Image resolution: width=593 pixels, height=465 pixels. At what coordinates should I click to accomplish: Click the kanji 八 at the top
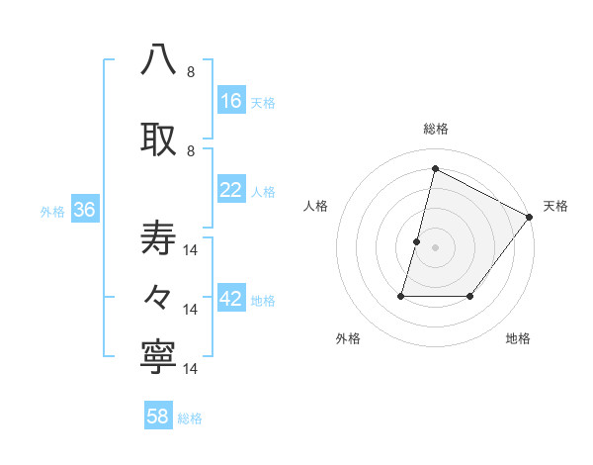[x=158, y=60]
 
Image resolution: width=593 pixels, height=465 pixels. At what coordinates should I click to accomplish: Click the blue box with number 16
[x=231, y=101]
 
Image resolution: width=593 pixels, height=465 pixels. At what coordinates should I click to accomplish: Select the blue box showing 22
[x=231, y=190]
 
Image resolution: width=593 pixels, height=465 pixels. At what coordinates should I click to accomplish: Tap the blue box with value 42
[x=231, y=300]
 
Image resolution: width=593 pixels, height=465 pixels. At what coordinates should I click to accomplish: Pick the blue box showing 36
[x=84, y=210]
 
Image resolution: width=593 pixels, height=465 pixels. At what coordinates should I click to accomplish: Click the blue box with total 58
[x=158, y=417]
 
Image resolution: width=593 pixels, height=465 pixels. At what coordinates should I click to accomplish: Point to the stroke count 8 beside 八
[x=191, y=72]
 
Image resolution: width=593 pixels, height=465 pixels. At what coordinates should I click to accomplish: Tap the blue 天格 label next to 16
[x=263, y=102]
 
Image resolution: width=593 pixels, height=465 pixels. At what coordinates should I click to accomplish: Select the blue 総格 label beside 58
[x=190, y=418]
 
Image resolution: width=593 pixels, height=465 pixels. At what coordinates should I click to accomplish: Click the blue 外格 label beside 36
[x=52, y=211]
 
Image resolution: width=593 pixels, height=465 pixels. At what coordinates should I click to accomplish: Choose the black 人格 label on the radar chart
[x=315, y=206]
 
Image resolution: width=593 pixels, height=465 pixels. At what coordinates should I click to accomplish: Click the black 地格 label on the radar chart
[x=518, y=338]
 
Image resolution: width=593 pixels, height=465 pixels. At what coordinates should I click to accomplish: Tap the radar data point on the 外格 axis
[x=401, y=295]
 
